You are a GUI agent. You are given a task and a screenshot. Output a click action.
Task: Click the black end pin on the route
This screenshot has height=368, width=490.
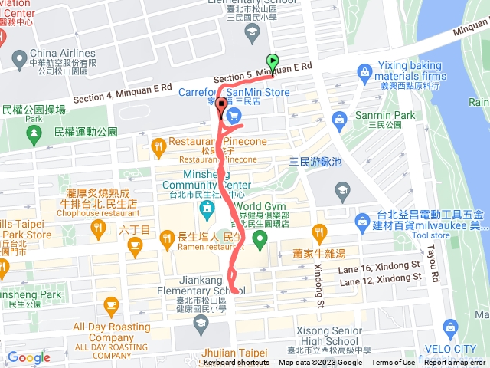221,107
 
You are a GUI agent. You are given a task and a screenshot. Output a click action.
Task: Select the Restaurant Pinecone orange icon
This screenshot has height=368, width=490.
158,144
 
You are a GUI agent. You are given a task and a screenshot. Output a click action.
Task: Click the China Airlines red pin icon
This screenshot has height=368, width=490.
18,58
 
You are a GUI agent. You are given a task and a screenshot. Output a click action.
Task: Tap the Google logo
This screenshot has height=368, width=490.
28,357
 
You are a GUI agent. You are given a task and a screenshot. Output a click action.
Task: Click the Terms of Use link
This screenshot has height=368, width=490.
394,363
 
